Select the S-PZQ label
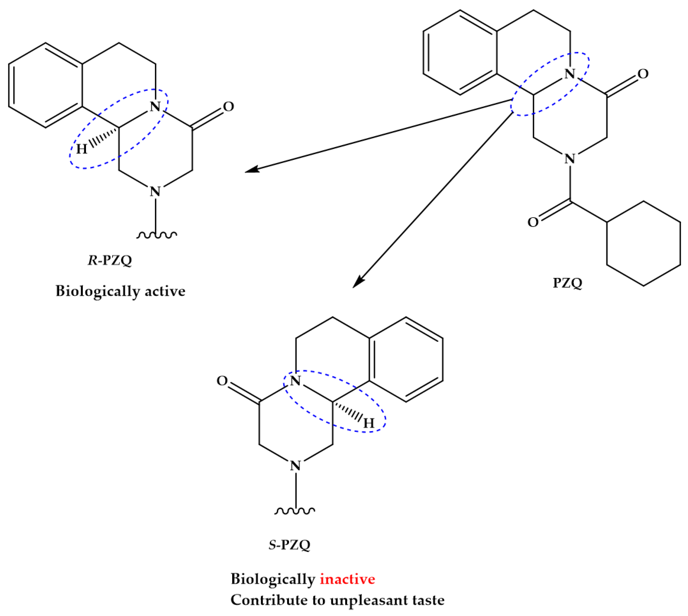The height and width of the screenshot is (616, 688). coord(289,545)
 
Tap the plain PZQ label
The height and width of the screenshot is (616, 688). coord(567,283)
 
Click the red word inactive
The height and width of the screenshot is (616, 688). coord(347,579)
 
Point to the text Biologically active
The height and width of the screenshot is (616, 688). coord(121,291)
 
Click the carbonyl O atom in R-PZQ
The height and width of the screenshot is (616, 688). coord(228,107)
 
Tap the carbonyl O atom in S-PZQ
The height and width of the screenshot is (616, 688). coord(222,381)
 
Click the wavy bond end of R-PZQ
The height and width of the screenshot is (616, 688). coord(156,234)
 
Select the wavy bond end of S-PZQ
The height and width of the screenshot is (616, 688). coord(295,511)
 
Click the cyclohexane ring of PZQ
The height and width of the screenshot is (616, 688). coord(643,244)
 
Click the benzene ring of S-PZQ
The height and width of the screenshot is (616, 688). coord(406,359)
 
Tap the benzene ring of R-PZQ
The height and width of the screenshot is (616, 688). coord(46,85)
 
